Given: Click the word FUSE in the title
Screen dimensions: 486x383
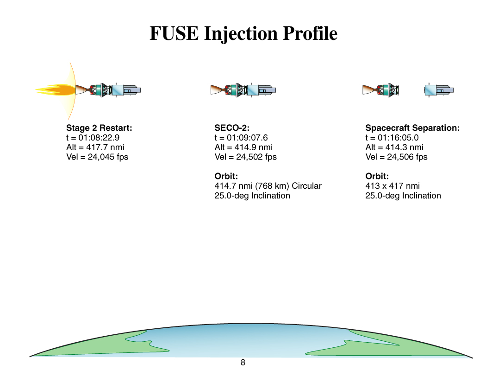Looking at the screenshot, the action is [x=174, y=33].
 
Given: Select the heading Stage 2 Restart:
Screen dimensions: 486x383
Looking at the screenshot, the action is [x=99, y=128].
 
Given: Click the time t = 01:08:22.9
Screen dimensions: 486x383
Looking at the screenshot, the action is [x=93, y=138].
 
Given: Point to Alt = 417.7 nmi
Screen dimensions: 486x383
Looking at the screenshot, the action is [x=95, y=147].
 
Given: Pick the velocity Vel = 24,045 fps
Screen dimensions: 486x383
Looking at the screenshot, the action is [x=97, y=157].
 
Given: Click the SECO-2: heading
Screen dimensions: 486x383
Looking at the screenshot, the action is [x=232, y=128].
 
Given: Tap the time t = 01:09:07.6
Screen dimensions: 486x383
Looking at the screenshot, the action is [x=241, y=138].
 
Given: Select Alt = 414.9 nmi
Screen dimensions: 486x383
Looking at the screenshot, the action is [x=243, y=147].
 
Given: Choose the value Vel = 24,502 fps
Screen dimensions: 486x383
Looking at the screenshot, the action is [x=245, y=157].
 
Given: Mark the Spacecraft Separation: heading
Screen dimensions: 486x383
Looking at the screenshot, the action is [x=412, y=128].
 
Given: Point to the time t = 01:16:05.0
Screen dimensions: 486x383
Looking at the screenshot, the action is [x=392, y=138].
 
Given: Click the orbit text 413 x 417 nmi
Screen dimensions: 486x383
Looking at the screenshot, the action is [x=393, y=186].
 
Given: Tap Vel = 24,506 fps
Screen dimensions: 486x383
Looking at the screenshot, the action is [x=396, y=157].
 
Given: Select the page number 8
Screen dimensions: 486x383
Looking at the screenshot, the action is [x=243, y=363].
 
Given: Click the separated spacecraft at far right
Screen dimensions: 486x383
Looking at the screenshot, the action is [x=439, y=90].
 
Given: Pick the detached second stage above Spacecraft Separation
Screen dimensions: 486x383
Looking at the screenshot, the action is [x=380, y=90].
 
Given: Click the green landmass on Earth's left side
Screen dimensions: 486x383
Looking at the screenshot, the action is [x=102, y=345].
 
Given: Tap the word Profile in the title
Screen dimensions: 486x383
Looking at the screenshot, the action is [x=310, y=33].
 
